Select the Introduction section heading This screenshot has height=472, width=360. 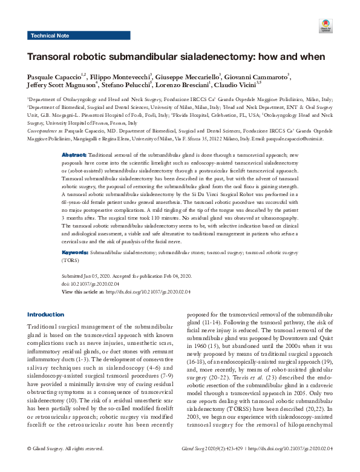(45, 315)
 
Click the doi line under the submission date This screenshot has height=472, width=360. (88, 283)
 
